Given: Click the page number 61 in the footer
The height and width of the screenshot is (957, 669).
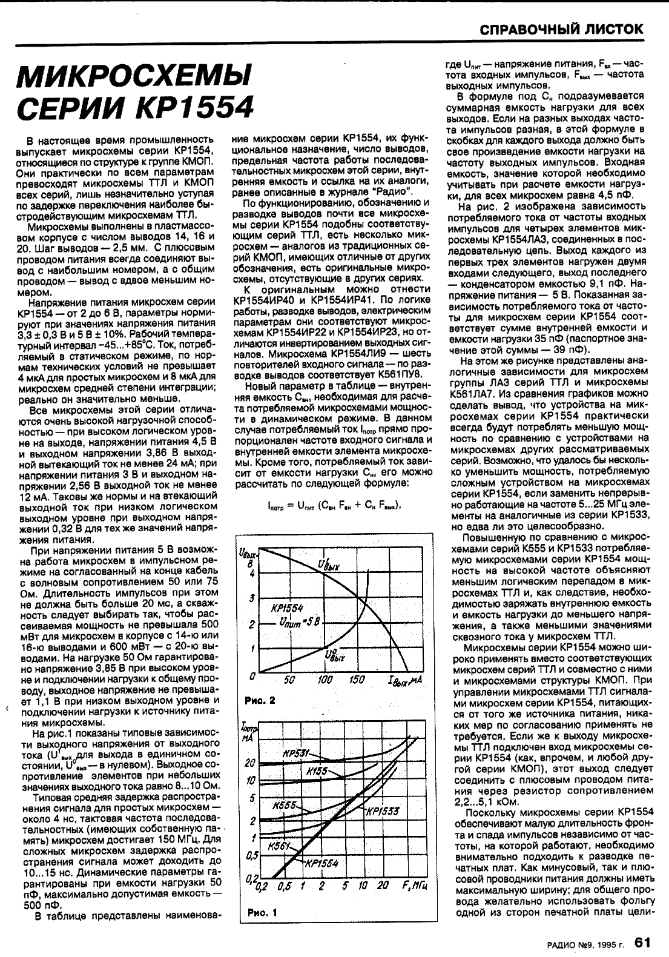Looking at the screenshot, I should point(642,942).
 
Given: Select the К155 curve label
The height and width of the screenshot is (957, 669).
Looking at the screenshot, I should point(317,771).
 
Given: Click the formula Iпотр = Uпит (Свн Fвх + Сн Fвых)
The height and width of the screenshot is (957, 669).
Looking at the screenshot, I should point(334,506).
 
